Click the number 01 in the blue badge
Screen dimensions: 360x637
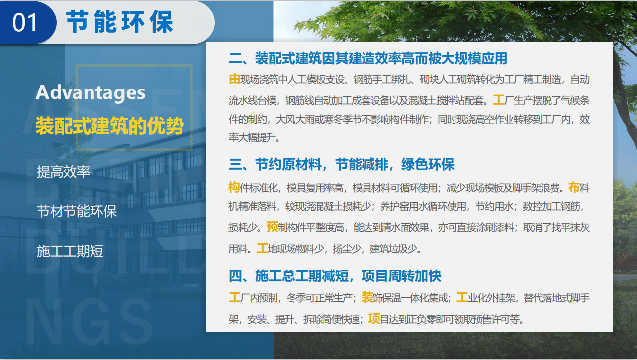pos(25,23)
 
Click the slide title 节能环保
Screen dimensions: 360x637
pos(120,22)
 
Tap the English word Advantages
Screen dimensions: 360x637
pos(91,92)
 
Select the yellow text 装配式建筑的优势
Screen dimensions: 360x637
pos(109,126)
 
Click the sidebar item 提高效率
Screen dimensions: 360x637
pos(63,172)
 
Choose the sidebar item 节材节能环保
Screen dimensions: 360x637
pos(77,211)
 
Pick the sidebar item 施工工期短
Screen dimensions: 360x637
pos(70,251)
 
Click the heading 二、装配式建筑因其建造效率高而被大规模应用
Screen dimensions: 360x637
pos(368,58)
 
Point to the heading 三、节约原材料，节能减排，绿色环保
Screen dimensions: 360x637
pos(342,164)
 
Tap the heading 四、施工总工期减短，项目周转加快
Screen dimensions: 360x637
pos(335,276)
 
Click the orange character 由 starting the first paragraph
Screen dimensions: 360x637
pos(234,79)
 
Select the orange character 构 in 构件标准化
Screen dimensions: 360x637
pos(234,188)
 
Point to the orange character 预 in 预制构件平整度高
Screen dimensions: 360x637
pos(272,227)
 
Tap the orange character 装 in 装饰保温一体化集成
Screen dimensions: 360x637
pos(367,298)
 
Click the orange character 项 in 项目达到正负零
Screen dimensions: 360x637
pos(374,319)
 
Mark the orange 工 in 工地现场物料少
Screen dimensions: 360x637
pos(262,248)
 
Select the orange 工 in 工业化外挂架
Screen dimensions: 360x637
pos(462,298)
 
